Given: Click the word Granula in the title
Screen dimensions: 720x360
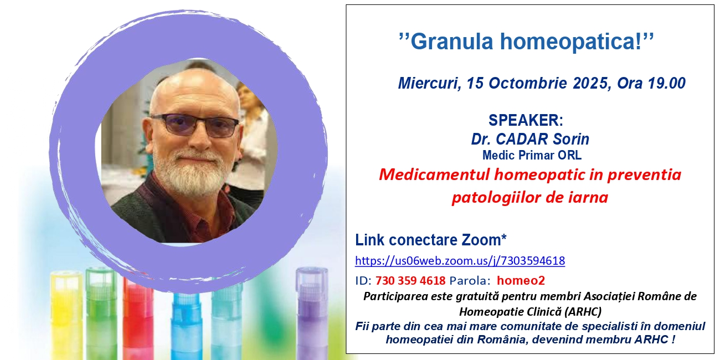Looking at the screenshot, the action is tap(452, 42).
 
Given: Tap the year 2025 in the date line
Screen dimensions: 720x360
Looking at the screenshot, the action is tap(591, 83).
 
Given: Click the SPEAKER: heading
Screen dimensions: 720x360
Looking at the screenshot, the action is tap(526, 120).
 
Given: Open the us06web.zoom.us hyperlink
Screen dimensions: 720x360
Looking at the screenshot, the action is tap(460, 261).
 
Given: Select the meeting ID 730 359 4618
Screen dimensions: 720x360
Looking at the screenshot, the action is tap(410, 281).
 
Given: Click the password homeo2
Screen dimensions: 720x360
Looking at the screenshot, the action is tap(521, 281).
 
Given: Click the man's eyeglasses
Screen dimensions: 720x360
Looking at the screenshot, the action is tap(195, 126).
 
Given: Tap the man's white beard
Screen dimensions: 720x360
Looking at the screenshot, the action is tap(193, 172).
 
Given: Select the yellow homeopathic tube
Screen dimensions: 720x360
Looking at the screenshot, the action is tap(67, 315).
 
